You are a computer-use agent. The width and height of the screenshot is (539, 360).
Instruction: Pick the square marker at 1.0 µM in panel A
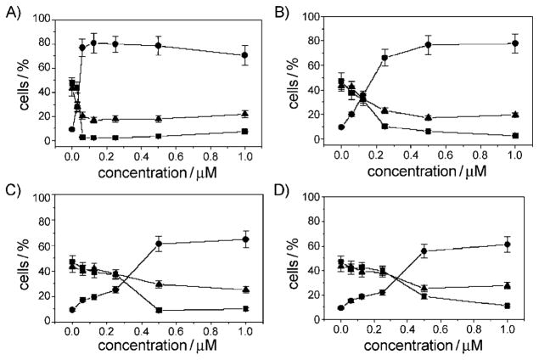(x=244, y=132)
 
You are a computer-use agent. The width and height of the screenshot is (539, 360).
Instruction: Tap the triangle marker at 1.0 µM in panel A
(x=244, y=114)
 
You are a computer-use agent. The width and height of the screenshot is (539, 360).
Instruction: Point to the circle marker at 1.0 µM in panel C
(x=245, y=239)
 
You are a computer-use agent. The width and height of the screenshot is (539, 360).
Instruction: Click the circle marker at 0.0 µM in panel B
(x=340, y=127)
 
